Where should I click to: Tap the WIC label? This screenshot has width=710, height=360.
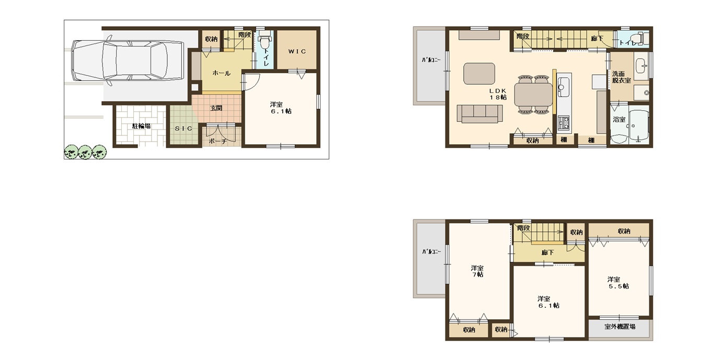click(x=297, y=51)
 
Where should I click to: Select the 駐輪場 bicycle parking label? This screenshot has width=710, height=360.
click(x=141, y=126)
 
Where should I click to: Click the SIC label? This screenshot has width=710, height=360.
click(x=184, y=129)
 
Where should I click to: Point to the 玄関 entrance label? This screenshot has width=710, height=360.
click(x=216, y=108)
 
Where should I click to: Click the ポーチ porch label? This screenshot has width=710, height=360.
click(x=217, y=142)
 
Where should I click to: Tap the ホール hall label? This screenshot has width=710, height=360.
click(x=221, y=73)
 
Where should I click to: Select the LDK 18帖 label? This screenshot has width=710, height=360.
click(x=498, y=94)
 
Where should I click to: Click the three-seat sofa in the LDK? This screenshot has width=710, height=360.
click(x=479, y=114)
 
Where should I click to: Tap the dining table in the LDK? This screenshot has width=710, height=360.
click(x=533, y=95)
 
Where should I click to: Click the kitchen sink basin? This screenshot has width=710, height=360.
click(x=564, y=87)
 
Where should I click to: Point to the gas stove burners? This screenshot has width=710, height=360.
click(x=563, y=122)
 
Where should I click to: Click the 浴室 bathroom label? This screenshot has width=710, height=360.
click(x=619, y=120)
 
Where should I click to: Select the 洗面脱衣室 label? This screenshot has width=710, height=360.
click(x=621, y=77)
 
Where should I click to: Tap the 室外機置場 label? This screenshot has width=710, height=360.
click(x=620, y=327)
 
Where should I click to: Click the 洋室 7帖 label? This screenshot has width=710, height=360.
click(x=477, y=271)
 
